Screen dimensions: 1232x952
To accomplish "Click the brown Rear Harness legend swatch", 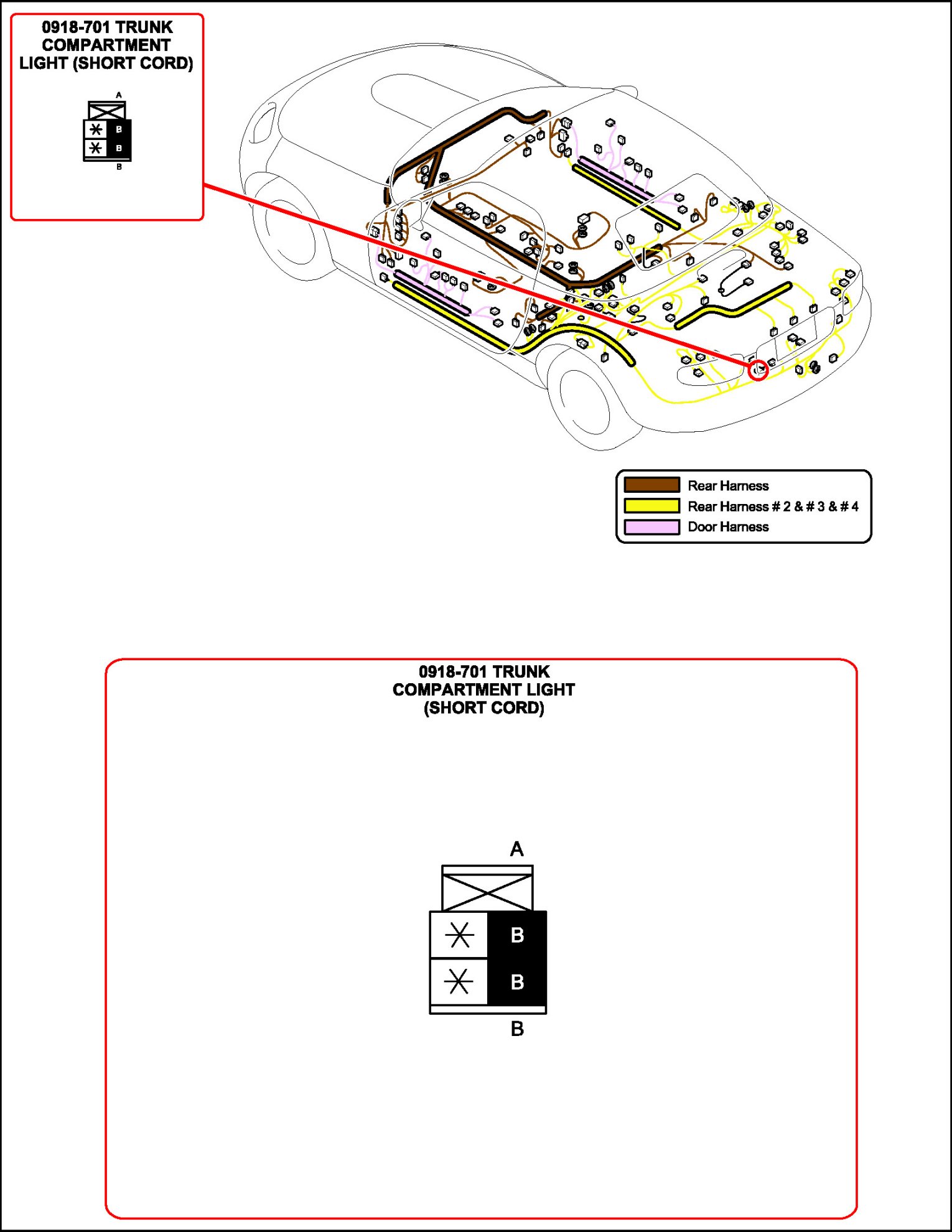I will (651, 485).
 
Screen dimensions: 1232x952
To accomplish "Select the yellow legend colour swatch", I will (651, 506).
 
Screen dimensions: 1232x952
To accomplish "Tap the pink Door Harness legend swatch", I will (651, 527).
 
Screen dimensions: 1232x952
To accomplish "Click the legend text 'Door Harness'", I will (728, 527).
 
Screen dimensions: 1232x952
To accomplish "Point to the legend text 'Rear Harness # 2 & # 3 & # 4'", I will (773, 506).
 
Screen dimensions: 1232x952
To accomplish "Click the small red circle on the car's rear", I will (758, 370).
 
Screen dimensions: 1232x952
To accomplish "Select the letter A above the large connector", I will (516, 849).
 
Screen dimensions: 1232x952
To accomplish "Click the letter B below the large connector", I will (516, 1029).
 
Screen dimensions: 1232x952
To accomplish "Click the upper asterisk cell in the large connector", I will (459, 935).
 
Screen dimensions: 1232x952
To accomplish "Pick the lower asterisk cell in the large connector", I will (459, 982).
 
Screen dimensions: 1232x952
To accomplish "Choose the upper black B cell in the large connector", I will (516, 935).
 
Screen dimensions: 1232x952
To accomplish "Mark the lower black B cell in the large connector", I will (516, 982).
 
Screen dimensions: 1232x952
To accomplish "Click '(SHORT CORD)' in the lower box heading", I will (483, 707).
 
